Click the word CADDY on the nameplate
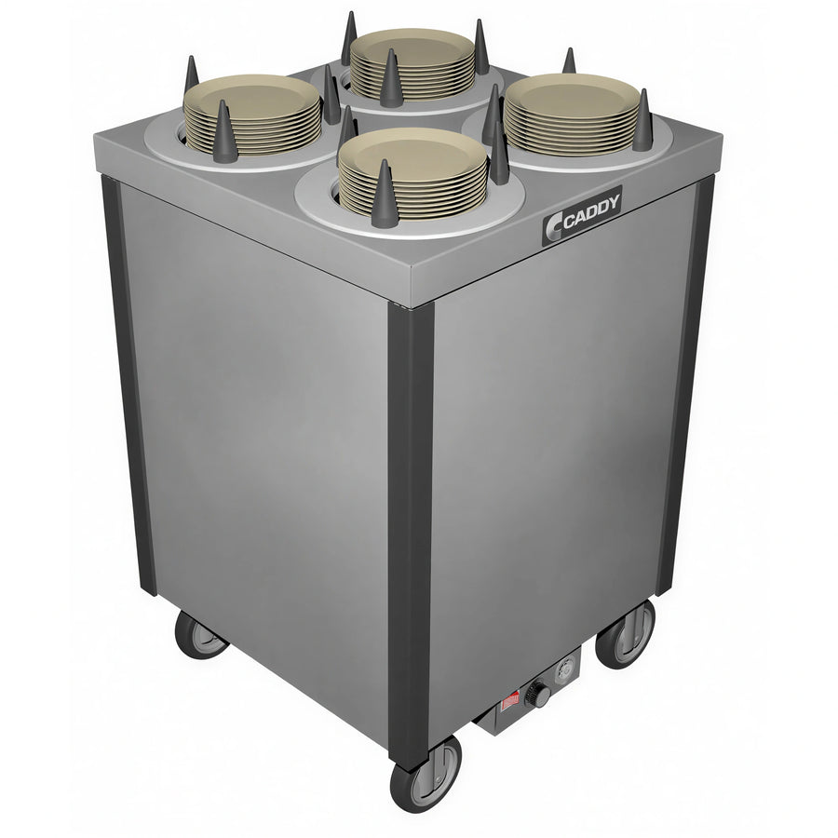[591, 210]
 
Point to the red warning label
[510, 702]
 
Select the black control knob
[537, 694]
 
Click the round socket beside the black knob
[566, 669]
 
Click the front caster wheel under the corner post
[426, 775]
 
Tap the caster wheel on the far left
[200, 635]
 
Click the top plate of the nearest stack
[412, 155]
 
